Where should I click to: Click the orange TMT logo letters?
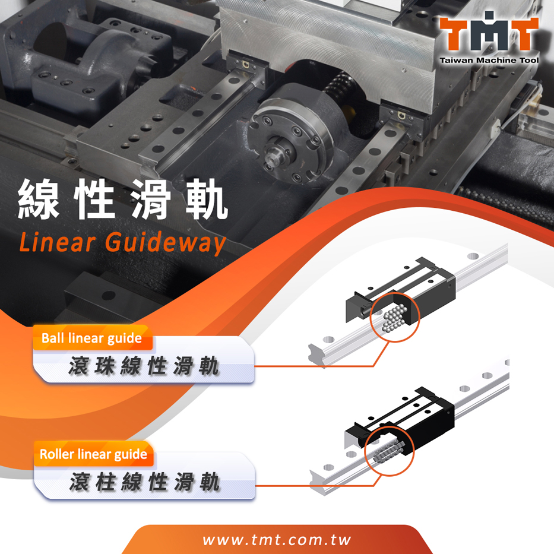[x=489, y=33]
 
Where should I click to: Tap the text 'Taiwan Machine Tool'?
[x=489, y=60]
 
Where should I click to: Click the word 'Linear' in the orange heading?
[x=57, y=242]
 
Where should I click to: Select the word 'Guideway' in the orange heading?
[x=165, y=243]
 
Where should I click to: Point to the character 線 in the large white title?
[x=39, y=199]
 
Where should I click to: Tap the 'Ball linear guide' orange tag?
[x=93, y=338]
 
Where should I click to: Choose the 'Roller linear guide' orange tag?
[x=94, y=454]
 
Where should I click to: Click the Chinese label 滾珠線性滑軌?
[x=144, y=366]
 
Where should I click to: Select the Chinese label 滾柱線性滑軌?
[x=144, y=482]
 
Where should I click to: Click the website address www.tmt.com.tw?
[x=277, y=540]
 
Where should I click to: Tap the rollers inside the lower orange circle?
[x=388, y=451]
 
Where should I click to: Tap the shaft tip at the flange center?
[x=271, y=155]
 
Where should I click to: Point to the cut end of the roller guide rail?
[x=318, y=483]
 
